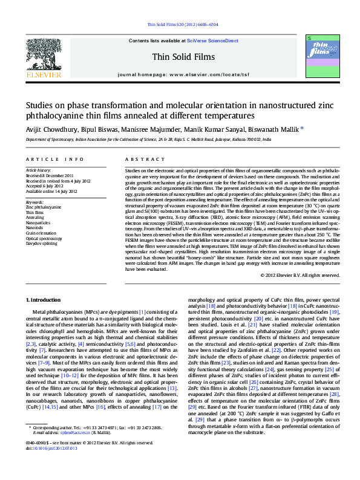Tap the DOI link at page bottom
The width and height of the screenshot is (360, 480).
coord(50,465)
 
